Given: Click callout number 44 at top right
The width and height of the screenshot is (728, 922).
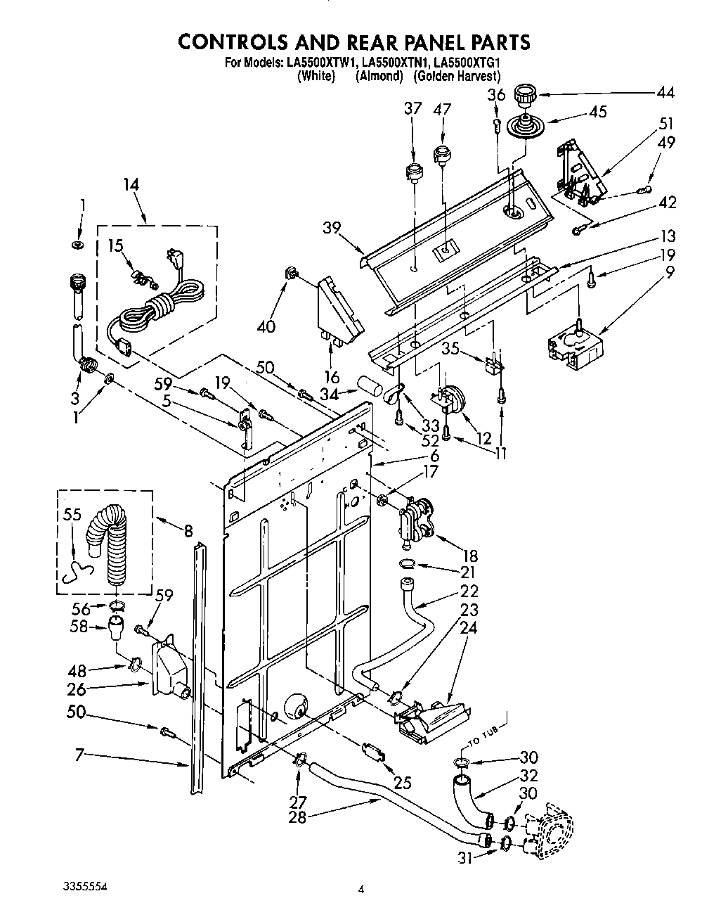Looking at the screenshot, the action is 665,92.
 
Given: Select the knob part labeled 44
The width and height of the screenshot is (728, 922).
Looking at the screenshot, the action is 524,94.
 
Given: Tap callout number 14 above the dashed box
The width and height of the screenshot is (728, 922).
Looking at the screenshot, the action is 131,185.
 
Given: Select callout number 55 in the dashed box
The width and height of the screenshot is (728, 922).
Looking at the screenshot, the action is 72,514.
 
